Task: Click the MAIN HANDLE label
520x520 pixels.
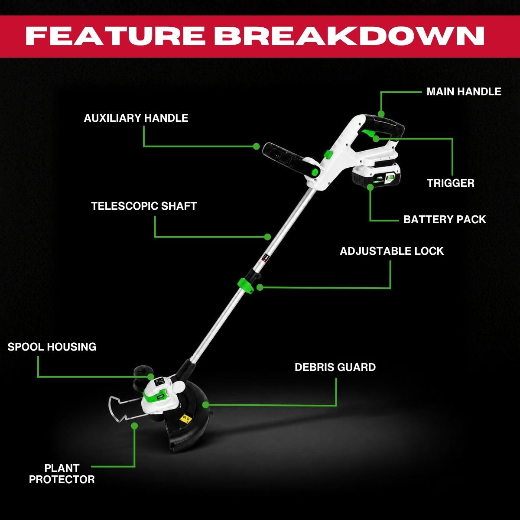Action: point(464,92)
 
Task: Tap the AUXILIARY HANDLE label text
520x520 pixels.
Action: point(136,118)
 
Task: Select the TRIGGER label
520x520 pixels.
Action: point(450,183)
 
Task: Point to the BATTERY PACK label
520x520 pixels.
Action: point(445,219)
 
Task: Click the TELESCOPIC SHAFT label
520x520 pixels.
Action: point(144,206)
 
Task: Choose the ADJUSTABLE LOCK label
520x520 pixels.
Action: point(392,251)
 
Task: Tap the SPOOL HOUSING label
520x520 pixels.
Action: point(52,347)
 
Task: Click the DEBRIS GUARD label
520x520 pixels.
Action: point(335,367)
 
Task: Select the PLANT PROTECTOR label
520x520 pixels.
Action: point(62,474)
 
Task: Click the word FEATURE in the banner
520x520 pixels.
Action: point(115,36)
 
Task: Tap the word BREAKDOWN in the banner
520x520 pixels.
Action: point(349,36)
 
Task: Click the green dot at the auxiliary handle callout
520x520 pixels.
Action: point(257,146)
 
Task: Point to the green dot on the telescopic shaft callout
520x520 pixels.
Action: point(267,237)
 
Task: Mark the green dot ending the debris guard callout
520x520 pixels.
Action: point(206,405)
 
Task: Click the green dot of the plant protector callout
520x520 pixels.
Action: point(134,426)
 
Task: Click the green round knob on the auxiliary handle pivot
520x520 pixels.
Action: point(315,172)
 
